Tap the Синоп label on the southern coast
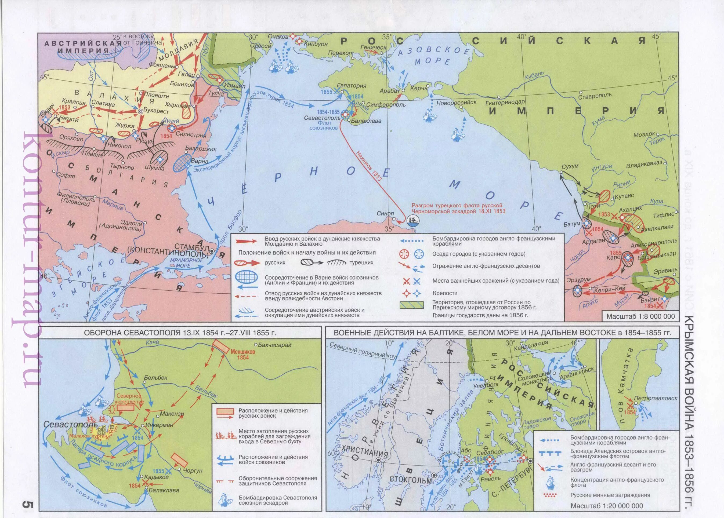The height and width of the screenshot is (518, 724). (x=385, y=213)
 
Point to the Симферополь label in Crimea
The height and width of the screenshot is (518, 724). (x=386, y=105)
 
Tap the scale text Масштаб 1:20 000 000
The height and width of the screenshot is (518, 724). (x=607, y=506)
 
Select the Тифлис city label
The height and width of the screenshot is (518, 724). (x=663, y=215)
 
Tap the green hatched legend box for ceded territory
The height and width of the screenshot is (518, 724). (x=412, y=305)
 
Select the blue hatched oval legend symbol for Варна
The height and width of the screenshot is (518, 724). (x=246, y=277)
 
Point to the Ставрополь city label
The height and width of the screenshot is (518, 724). (x=595, y=95)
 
